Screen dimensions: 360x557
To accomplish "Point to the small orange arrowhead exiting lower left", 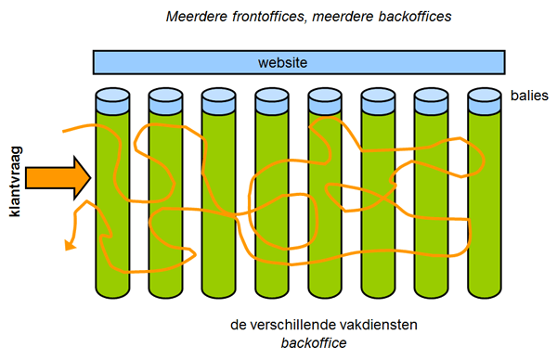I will coord(68,246).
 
